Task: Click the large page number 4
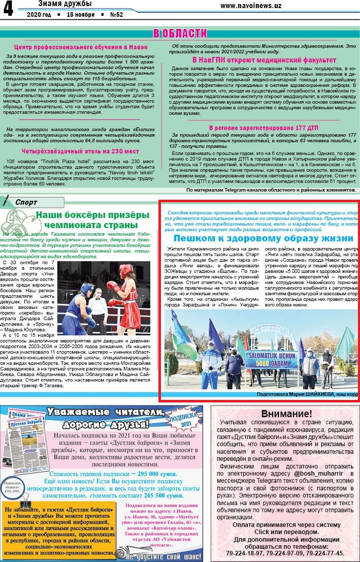click(x=9, y=9)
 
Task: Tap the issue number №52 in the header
click(x=116, y=15)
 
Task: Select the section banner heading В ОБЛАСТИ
click(x=180, y=34)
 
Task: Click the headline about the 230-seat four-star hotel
click(x=80, y=151)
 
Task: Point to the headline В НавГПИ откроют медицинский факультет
click(x=264, y=60)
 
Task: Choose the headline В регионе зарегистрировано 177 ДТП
click(x=264, y=127)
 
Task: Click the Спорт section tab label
click(x=26, y=202)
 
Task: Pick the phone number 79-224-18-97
click(x=247, y=553)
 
